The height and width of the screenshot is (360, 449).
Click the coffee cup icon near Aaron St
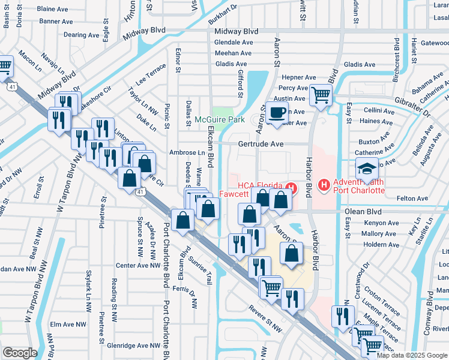tap(277, 113)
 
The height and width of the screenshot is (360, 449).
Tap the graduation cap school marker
tap(367, 170)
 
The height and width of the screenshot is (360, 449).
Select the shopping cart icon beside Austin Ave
tap(322, 95)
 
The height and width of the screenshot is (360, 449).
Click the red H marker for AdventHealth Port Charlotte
tap(324, 185)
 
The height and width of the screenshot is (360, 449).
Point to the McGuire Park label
tap(220, 120)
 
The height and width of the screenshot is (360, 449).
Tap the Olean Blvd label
tap(363, 212)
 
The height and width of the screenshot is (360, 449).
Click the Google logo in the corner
tap(20, 353)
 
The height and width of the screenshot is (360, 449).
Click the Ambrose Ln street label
tap(187, 153)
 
